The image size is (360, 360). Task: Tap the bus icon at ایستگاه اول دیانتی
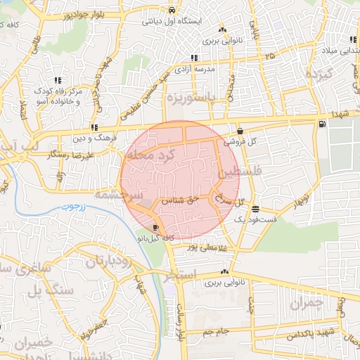click(x=172, y=11)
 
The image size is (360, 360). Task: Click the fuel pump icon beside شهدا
click(x=322, y=124)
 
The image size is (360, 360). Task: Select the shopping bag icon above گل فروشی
click(x=240, y=131)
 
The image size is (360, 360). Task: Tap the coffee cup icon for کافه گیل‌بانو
click(x=155, y=227)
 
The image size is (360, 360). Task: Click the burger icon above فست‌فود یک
click(x=255, y=210)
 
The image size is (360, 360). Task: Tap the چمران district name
click(x=304, y=303)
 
